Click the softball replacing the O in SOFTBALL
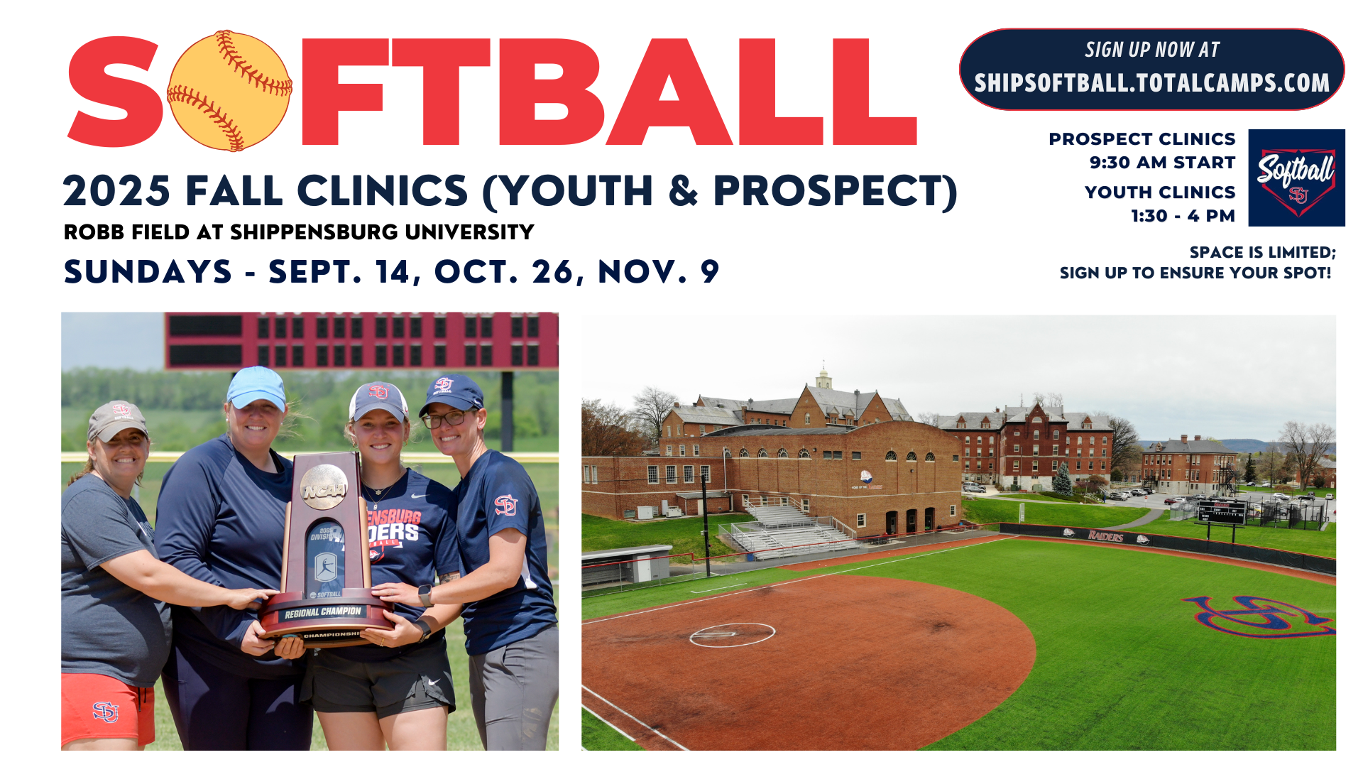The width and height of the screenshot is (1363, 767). pyautogui.click(x=229, y=91)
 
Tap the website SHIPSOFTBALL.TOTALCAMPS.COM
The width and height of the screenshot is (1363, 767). pyautogui.click(x=1151, y=83)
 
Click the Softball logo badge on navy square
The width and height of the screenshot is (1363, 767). pyautogui.click(x=1296, y=178)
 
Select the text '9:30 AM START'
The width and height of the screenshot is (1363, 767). pyautogui.click(x=1162, y=163)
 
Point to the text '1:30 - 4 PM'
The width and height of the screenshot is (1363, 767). pyautogui.click(x=1183, y=216)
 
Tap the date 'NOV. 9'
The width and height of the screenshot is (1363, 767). pyautogui.click(x=659, y=272)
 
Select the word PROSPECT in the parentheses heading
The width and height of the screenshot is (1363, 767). pyautogui.click(x=827, y=191)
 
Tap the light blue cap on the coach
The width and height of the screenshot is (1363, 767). pyautogui.click(x=256, y=386)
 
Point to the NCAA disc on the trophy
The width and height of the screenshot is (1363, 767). pyautogui.click(x=324, y=487)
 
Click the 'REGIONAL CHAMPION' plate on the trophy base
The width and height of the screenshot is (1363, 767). pyautogui.click(x=323, y=612)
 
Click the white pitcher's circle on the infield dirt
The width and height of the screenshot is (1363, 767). pyautogui.click(x=732, y=633)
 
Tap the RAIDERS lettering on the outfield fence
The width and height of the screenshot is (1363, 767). pyautogui.click(x=1105, y=535)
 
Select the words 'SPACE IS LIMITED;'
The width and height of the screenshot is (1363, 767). pyautogui.click(x=1262, y=253)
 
